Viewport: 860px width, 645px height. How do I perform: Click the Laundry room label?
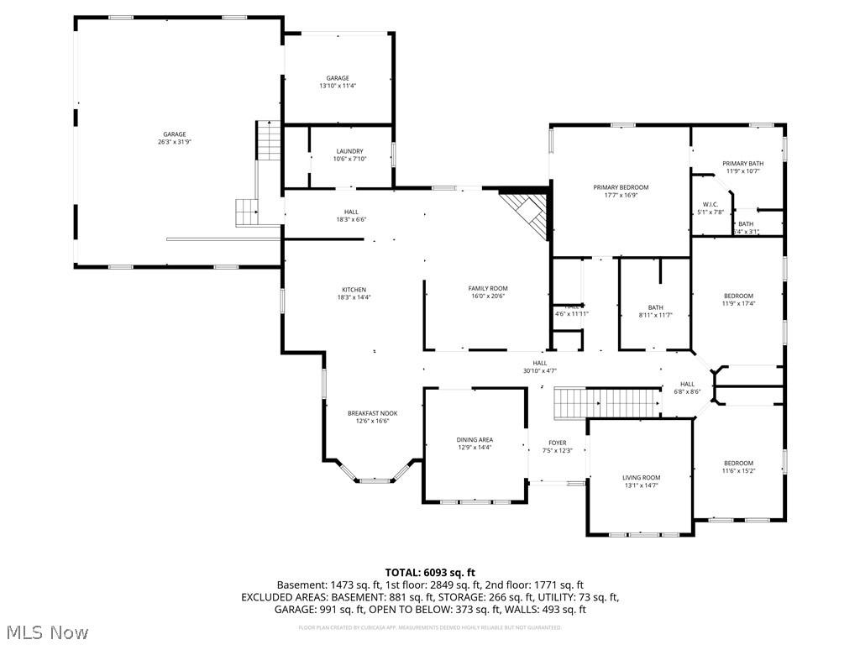tap(349, 151)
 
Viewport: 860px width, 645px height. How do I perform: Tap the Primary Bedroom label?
tap(621, 187)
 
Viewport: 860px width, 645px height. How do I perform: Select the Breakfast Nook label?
tap(373, 413)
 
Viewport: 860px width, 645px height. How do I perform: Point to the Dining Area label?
tap(475, 439)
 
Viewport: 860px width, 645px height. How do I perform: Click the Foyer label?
tap(557, 443)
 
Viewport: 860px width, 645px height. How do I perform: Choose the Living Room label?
tap(641, 477)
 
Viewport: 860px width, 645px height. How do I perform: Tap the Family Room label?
tap(488, 288)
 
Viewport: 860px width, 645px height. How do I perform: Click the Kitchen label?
tap(354, 290)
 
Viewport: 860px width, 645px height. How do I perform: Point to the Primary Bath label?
tap(743, 164)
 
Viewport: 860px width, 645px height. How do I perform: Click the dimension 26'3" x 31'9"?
tap(174, 142)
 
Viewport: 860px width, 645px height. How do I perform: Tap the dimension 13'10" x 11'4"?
tap(338, 86)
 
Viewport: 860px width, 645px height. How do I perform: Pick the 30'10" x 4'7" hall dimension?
tap(539, 370)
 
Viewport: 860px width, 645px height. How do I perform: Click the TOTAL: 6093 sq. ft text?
tap(429, 572)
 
